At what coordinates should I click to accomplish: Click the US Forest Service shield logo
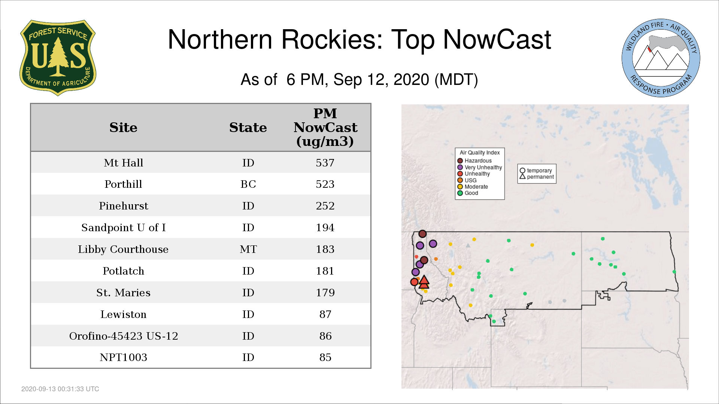pyautogui.click(x=58, y=58)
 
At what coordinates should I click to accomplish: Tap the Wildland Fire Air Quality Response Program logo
pyautogui.click(x=661, y=58)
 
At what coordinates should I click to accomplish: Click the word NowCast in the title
pyautogui.click(x=497, y=39)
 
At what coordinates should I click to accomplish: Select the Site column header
pyautogui.click(x=123, y=128)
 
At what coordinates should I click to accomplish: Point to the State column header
pyautogui.click(x=248, y=128)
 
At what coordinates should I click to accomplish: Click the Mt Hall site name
pyautogui.click(x=123, y=163)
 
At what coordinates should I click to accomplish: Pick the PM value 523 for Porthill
pyautogui.click(x=325, y=184)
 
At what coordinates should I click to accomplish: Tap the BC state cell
pyautogui.click(x=248, y=184)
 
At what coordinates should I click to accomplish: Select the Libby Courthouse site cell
pyautogui.click(x=123, y=249)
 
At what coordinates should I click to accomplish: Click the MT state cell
pyautogui.click(x=248, y=249)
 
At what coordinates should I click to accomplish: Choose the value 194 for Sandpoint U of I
pyautogui.click(x=325, y=227)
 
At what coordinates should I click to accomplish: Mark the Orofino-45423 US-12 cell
pyautogui.click(x=124, y=336)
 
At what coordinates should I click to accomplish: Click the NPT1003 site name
pyautogui.click(x=123, y=357)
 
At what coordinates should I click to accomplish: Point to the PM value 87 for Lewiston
pyautogui.click(x=325, y=314)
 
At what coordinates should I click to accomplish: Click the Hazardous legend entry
pyautogui.click(x=474, y=161)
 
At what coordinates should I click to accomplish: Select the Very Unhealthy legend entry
pyautogui.click(x=480, y=167)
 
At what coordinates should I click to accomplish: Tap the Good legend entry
pyautogui.click(x=468, y=193)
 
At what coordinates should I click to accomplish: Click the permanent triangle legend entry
pyautogui.click(x=537, y=177)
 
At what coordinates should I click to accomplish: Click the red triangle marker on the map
pyautogui.click(x=424, y=282)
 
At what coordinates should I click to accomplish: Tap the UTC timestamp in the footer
pyautogui.click(x=60, y=389)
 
